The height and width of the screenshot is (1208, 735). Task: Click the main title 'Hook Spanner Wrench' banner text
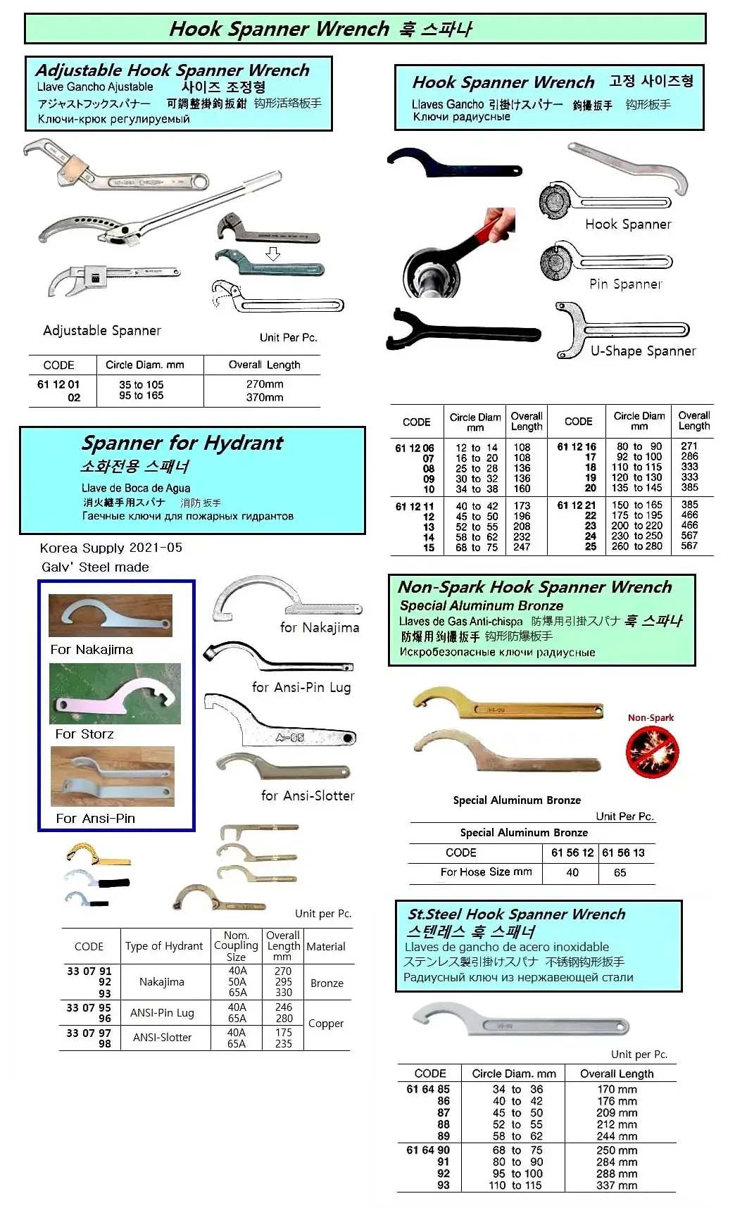pos(279,29)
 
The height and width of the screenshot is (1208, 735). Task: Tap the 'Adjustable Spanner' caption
pos(102,330)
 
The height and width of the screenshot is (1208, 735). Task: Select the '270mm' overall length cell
pos(265,384)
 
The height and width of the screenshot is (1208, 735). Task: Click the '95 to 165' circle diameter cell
pos(141,396)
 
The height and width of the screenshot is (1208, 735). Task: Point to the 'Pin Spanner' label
pos(626,284)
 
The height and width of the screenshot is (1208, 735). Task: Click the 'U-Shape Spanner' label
pos(643,351)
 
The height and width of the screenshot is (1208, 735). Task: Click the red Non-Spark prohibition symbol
pos(652,751)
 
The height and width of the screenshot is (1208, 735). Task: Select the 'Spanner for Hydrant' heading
pos(182,443)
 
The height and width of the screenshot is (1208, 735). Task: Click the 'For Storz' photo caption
pos(84,734)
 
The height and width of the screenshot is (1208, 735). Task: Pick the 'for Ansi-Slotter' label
pos(308,795)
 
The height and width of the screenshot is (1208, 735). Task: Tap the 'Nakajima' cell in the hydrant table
pos(161,982)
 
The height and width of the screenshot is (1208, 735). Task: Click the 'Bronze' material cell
pos(327,983)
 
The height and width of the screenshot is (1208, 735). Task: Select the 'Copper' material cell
pos(326,1024)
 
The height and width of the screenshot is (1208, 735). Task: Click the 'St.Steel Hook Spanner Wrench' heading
pos(517,914)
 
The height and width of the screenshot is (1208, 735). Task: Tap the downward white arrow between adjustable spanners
pos(273,254)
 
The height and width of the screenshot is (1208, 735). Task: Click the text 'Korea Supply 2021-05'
pos(111,548)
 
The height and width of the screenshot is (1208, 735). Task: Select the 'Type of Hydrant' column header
pos(164,946)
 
